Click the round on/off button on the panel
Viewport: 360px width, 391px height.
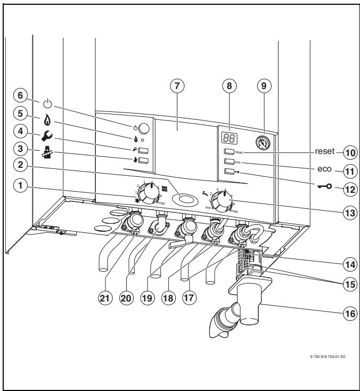[143, 128]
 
